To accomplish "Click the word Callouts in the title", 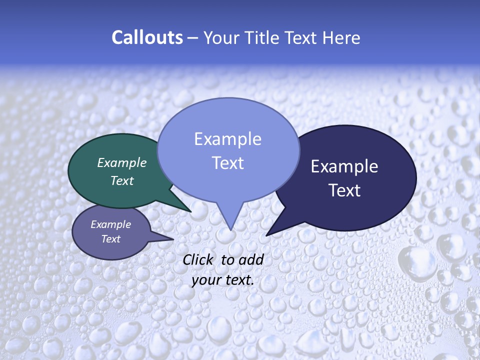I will tap(147, 38).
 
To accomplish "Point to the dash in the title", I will tap(193, 38).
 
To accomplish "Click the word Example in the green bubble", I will tap(122, 162).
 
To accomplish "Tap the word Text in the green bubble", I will tap(122, 180).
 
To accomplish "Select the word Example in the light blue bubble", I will tap(227, 139).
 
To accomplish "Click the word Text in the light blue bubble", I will tap(227, 163).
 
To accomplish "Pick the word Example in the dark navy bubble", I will tap(344, 166).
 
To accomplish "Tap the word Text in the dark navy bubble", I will tap(344, 190).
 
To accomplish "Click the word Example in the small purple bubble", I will tap(111, 224).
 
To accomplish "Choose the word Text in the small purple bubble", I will tap(111, 239).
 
